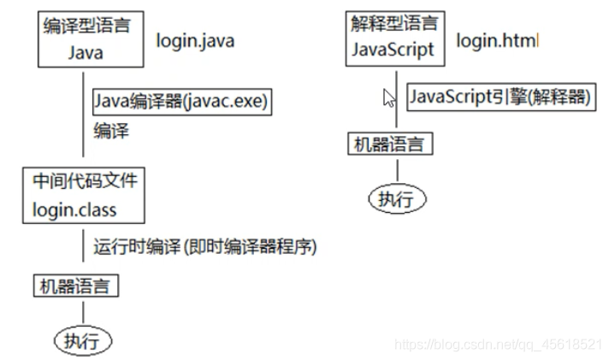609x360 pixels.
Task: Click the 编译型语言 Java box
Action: pos(86,38)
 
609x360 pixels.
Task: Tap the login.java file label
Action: pos(194,40)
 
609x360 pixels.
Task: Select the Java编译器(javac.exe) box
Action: pos(181,103)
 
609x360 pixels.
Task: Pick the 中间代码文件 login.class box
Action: pos(83,195)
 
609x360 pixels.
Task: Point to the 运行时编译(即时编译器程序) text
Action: pos(205,247)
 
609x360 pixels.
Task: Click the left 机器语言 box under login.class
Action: pos(76,285)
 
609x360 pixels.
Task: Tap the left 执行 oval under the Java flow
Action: pos(83,341)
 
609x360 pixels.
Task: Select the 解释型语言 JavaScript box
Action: pos(393,36)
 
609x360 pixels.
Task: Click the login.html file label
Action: pos(498,40)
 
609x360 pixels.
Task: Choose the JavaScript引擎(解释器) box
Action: pos(500,97)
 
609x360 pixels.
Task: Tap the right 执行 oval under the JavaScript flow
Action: pos(395,199)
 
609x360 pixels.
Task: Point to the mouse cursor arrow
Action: pos(388,97)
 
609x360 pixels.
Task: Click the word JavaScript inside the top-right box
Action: pos(393,49)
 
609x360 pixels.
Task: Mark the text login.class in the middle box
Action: pos(74,209)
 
